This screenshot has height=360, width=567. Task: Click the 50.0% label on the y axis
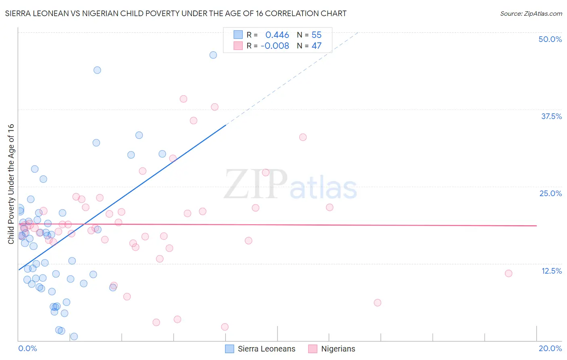[550, 39]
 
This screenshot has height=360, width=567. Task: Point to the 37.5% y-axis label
[551, 116]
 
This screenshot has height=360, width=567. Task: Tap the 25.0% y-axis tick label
[550, 193]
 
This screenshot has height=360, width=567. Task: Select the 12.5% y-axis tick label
[551, 271]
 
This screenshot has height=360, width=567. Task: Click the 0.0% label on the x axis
[27, 348]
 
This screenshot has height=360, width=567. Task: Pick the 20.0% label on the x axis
[550, 348]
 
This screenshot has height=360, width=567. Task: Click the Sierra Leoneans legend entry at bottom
[266, 349]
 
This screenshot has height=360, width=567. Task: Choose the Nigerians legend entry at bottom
[338, 349]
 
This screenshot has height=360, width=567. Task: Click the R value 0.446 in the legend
[277, 35]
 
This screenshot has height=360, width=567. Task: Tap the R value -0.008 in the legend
[275, 46]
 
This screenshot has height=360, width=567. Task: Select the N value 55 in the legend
[317, 35]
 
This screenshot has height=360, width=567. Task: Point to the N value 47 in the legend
[317, 46]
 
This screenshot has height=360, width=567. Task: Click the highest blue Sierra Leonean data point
[213, 55]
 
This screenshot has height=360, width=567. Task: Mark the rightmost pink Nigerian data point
[509, 273]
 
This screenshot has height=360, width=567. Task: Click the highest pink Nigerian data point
[183, 99]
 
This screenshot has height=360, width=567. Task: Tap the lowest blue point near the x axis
[74, 336]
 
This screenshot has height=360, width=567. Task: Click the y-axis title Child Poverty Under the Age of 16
[11, 184]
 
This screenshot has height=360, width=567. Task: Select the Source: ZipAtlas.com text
[531, 13]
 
